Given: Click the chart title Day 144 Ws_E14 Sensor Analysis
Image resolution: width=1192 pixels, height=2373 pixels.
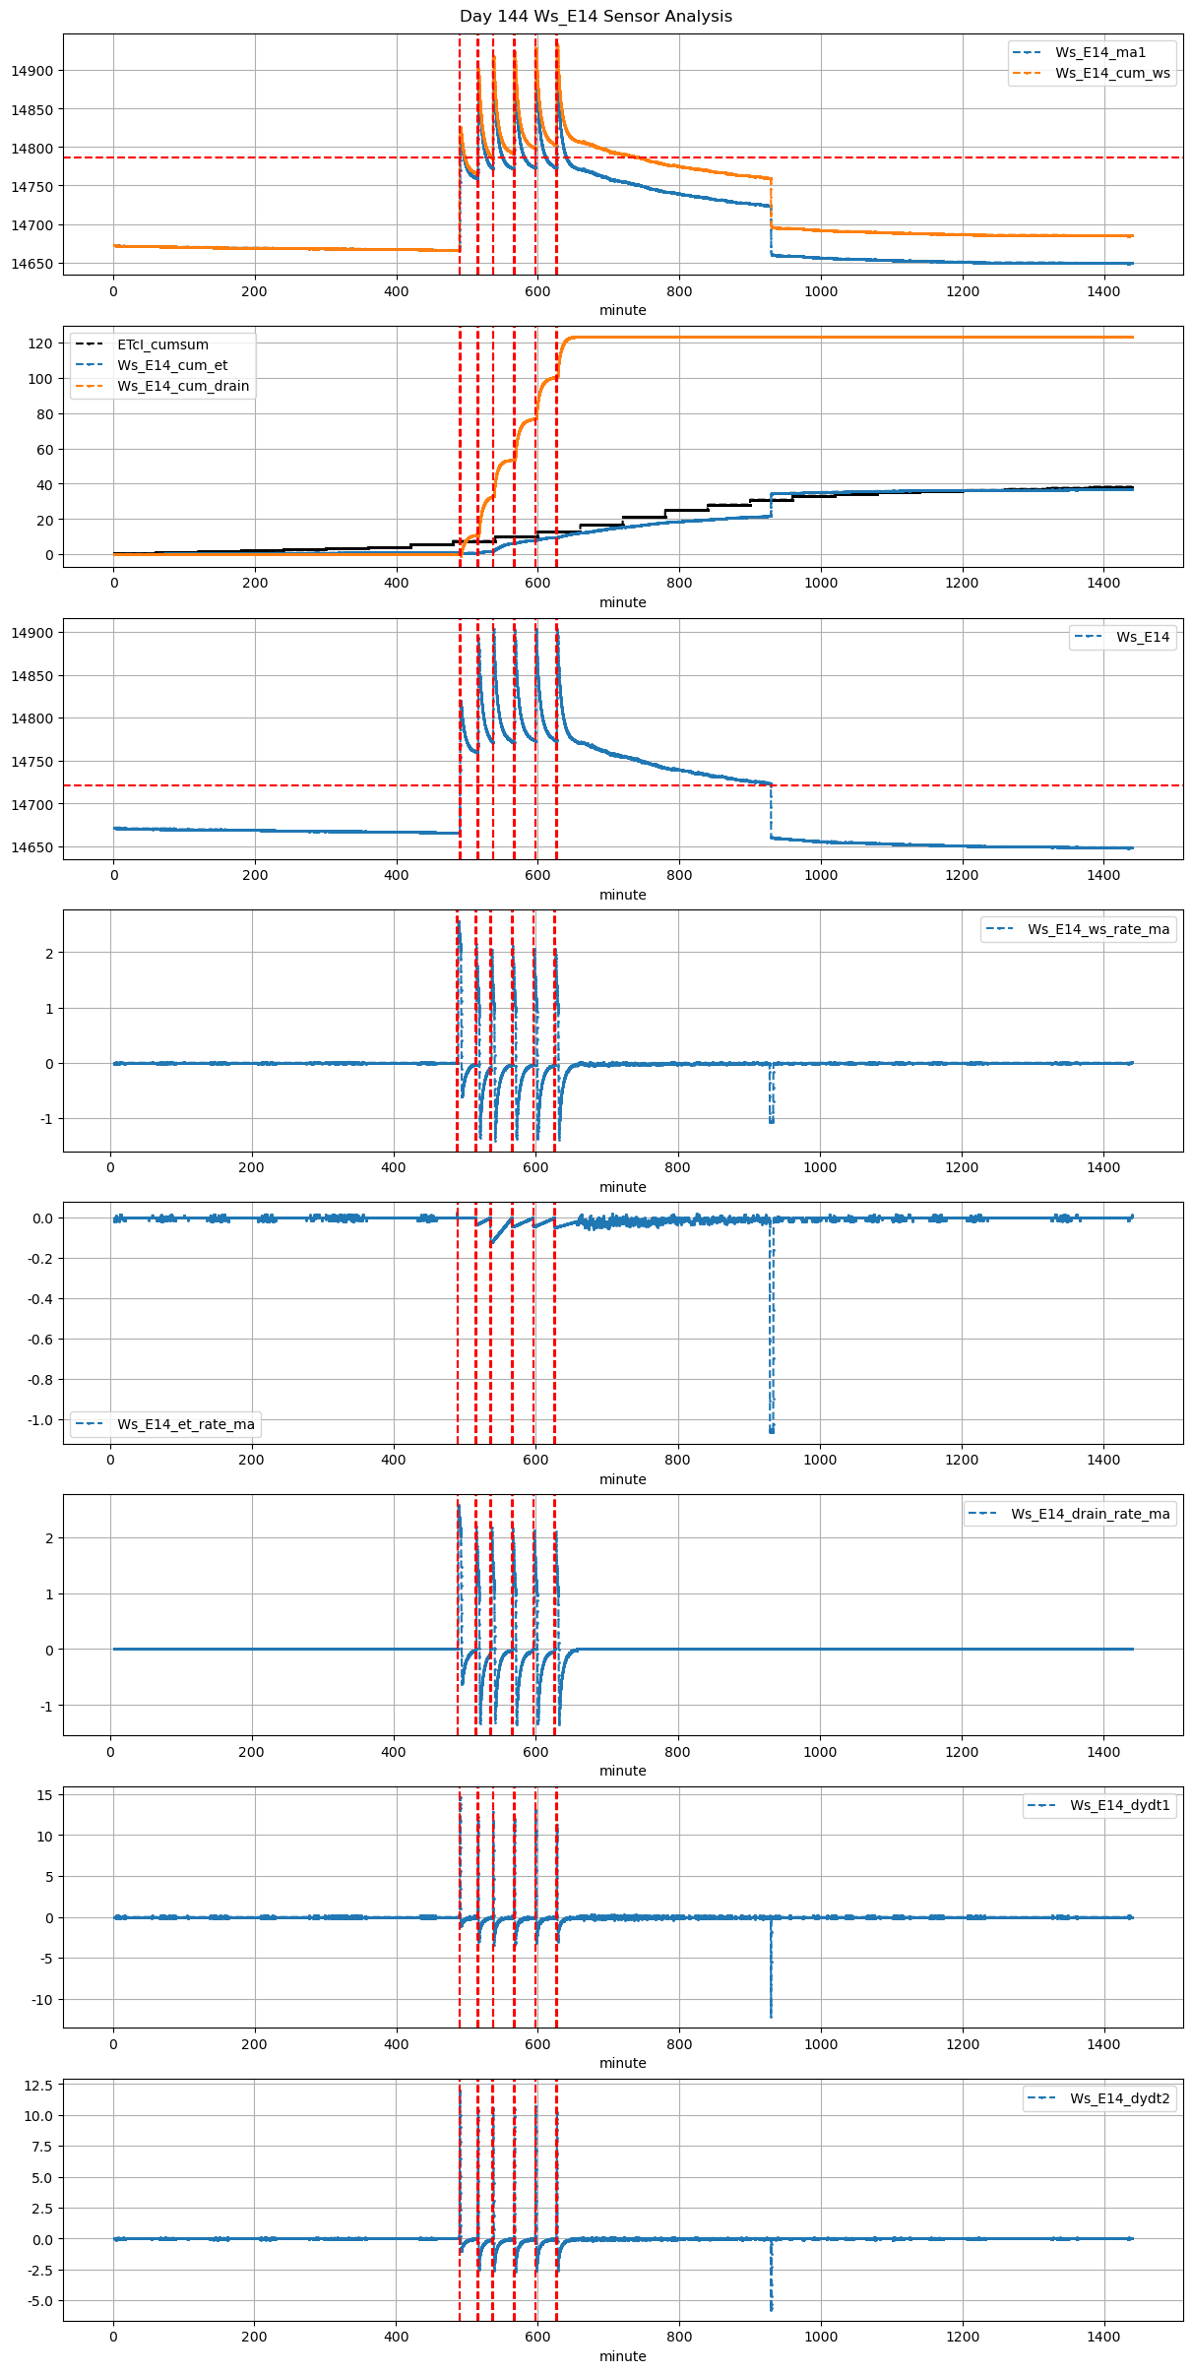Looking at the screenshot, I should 596,16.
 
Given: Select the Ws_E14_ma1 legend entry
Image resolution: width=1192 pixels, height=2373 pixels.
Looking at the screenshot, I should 1099,52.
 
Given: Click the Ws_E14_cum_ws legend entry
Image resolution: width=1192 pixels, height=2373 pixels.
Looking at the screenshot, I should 1112,73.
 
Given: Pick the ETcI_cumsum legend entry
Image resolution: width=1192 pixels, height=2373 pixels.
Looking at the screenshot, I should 162,344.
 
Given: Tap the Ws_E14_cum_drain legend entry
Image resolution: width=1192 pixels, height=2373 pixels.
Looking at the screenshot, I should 182,386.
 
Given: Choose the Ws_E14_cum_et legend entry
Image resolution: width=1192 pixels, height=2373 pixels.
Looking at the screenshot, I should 172,365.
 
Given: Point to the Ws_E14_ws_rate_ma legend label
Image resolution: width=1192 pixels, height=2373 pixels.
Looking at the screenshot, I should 1098,929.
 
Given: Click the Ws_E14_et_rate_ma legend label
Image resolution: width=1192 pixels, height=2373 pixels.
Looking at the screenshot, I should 185,1424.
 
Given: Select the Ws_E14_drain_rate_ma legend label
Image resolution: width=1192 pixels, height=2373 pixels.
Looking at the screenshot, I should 1090,1514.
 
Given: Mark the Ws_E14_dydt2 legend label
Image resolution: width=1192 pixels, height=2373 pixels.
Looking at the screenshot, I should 1120,2098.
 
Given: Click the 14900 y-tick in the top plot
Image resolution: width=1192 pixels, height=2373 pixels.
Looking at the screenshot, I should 32,71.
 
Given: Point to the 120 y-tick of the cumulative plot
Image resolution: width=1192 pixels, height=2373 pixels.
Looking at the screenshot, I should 40,343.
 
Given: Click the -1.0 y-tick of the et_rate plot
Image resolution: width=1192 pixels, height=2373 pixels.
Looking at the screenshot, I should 37,1419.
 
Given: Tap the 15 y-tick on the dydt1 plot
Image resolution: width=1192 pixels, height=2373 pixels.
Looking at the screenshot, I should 44,1794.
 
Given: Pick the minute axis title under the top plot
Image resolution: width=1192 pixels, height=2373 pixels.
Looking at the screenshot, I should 623,310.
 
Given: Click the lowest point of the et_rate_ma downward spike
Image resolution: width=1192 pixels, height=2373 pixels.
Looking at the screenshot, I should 772,1431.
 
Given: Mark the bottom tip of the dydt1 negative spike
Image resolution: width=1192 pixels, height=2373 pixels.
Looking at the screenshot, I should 771,2017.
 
